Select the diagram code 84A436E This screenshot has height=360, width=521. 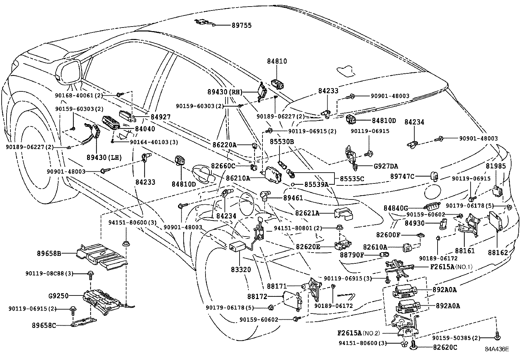pos(497,349)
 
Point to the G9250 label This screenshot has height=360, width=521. pos(58,296)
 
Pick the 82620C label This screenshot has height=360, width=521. pos(445,348)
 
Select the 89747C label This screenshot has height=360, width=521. pos(402,177)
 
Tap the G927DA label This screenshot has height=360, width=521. pos(386,166)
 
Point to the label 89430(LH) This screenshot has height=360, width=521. pos(104,158)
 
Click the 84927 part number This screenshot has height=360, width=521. pos(160,117)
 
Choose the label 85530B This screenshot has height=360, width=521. pos(282,142)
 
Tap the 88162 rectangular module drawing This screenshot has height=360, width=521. pos(497,221)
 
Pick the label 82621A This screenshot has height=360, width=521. pos(307,213)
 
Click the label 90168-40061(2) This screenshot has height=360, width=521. pos(79,95)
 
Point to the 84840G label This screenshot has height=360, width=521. pos(396,208)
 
